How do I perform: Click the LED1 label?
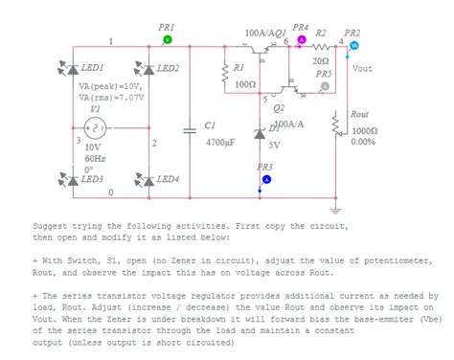click(93, 69)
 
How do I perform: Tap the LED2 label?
click(168, 69)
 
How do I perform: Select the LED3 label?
click(93, 179)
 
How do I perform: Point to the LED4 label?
click(168, 179)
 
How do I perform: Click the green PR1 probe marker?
click(166, 40)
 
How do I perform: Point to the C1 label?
click(211, 125)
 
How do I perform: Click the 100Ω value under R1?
click(243, 84)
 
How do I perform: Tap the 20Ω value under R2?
click(321, 60)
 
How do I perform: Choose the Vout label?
click(362, 69)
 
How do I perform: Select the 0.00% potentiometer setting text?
click(363, 142)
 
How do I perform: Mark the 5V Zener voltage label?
click(274, 145)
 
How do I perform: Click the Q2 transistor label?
click(278, 108)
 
